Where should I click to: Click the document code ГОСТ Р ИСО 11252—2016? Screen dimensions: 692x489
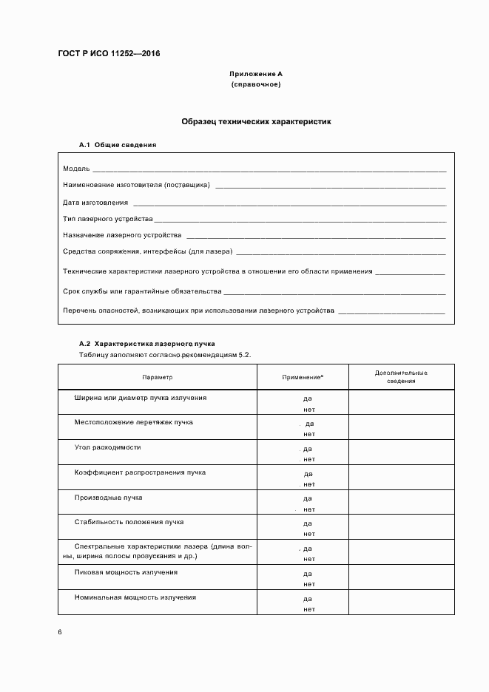[109, 54]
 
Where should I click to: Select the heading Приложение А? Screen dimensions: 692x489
[256, 75]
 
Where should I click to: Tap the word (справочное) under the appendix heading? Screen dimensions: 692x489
[256, 85]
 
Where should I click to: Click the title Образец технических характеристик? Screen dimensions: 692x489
[256, 120]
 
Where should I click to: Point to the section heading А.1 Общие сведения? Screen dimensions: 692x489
[118, 145]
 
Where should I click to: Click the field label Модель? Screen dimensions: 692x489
[76, 169]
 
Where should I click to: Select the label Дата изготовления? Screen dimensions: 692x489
[95, 202]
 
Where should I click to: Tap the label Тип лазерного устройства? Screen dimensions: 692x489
[108, 219]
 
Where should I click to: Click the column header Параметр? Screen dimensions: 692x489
[158, 377]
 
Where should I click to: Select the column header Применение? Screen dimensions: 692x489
[303, 378]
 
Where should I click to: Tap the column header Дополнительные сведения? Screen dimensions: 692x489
[401, 377]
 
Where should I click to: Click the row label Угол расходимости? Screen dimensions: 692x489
[108, 447]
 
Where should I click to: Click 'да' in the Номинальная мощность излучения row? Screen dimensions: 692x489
[308, 599]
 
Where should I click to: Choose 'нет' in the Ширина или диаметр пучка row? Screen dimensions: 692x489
[308, 409]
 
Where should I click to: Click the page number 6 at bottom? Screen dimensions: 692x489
[60, 633]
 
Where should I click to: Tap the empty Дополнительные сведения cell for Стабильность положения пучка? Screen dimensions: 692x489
[401, 527]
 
